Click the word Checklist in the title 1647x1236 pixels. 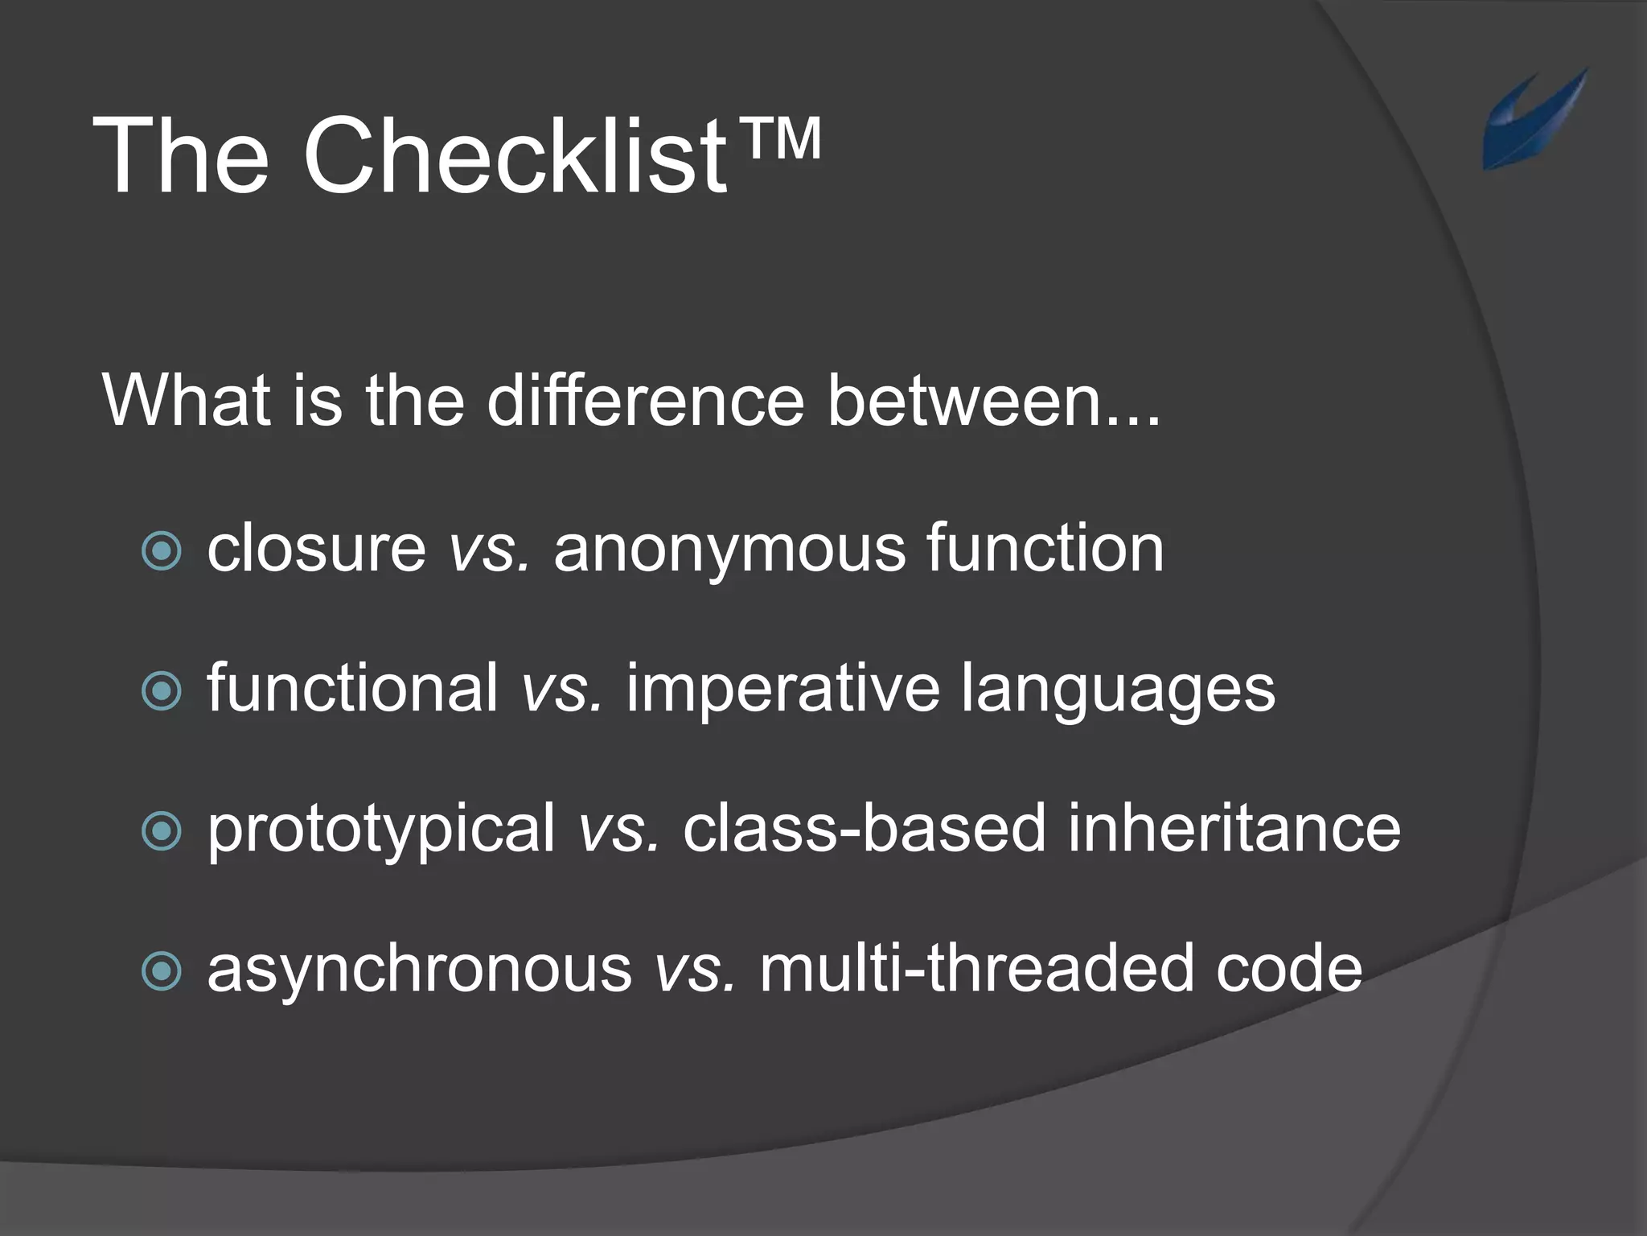click(515, 154)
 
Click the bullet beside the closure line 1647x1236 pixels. click(162, 551)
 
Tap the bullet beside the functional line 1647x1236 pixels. click(162, 691)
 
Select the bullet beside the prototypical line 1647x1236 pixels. click(162, 831)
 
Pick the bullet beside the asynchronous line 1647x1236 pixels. click(162, 971)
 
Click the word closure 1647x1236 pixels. click(316, 549)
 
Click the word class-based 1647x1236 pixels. click(864, 829)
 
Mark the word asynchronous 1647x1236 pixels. click(420, 970)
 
